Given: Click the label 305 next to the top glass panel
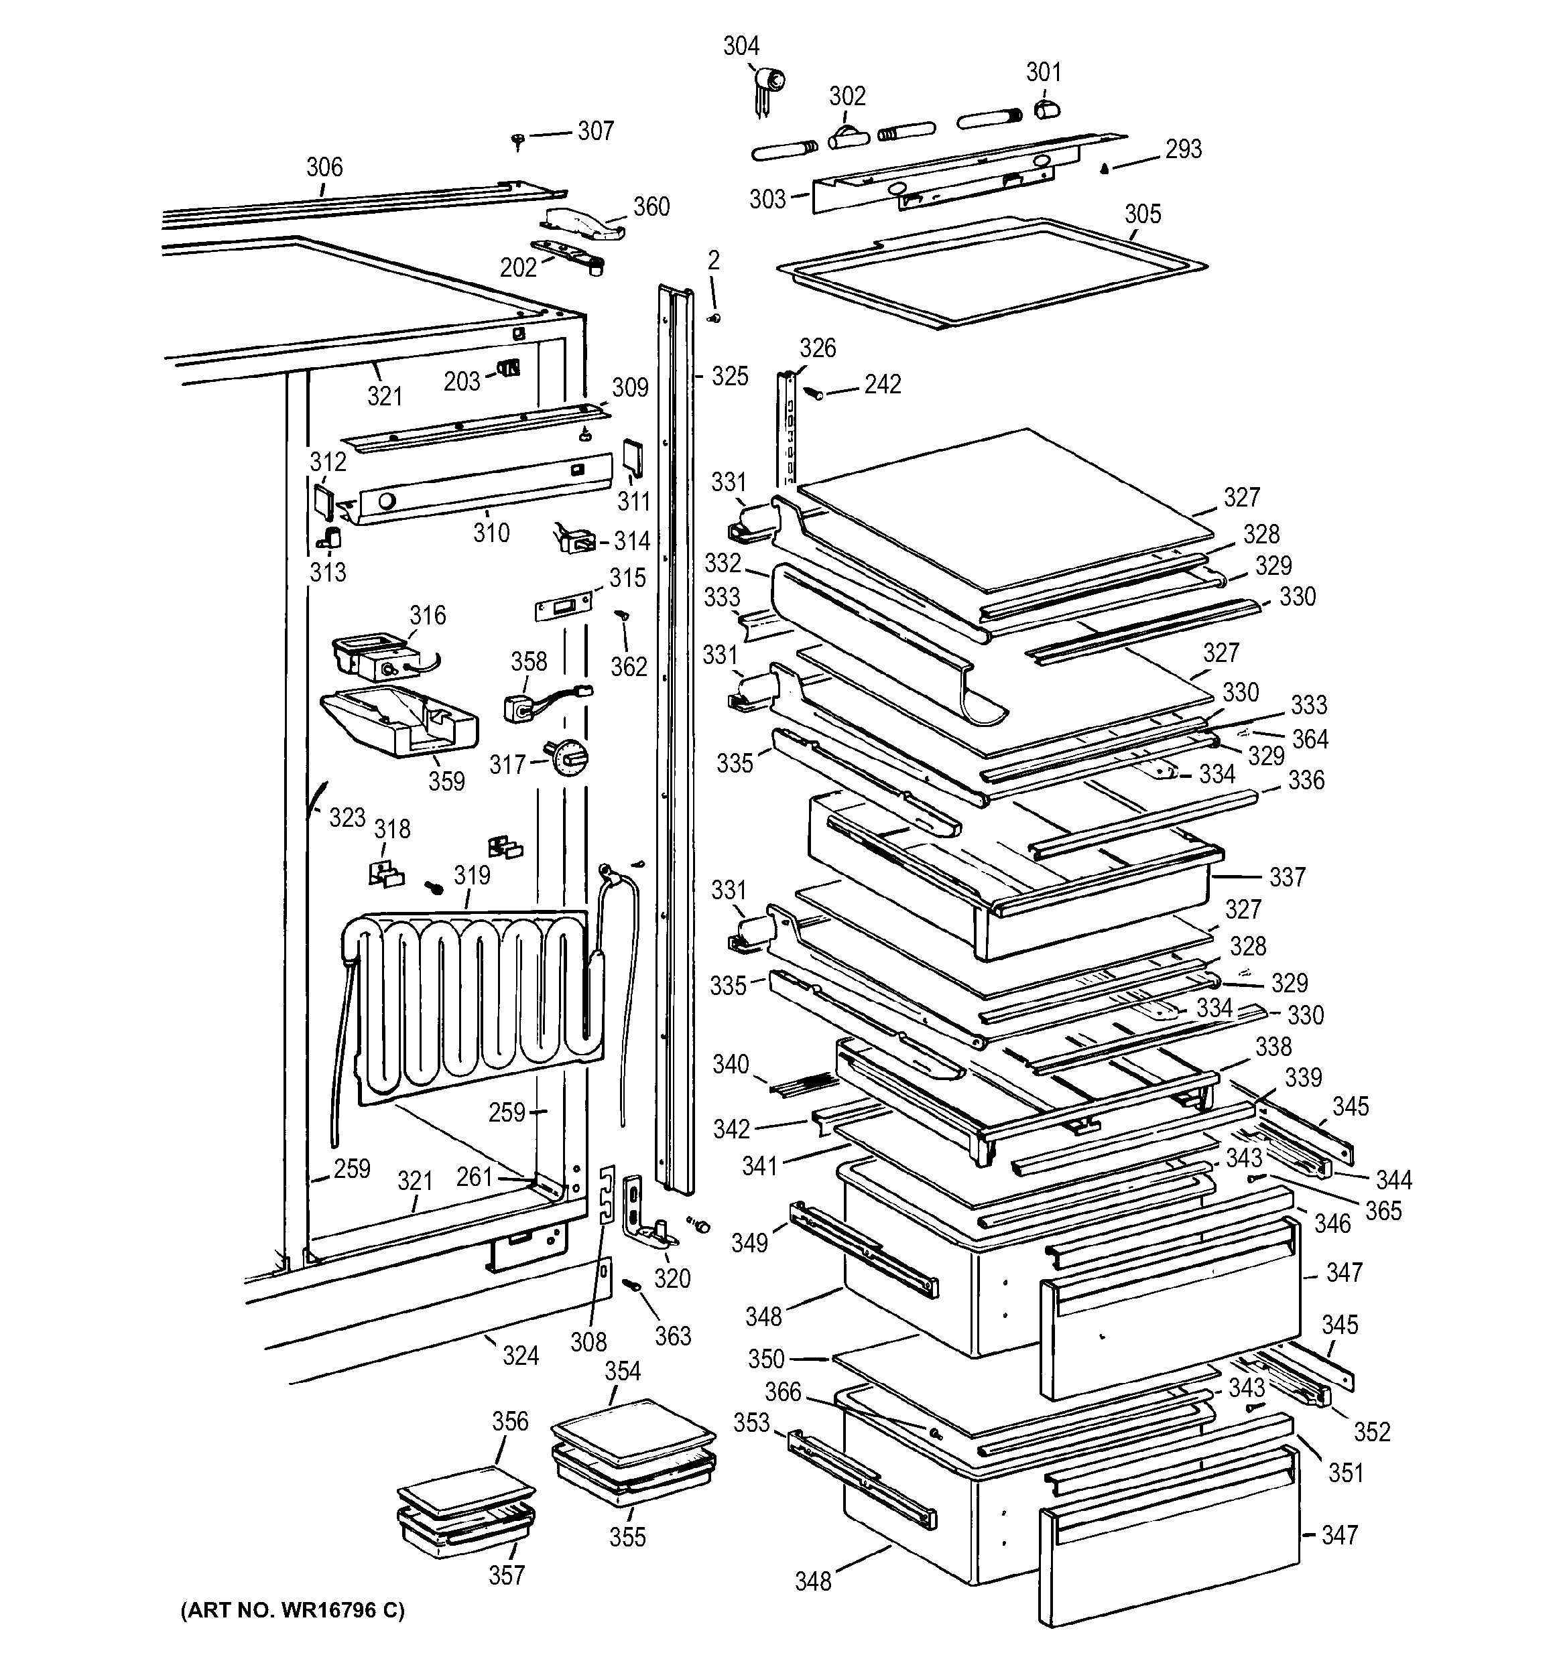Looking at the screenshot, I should (x=1141, y=214).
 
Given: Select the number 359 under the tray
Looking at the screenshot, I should (x=446, y=781).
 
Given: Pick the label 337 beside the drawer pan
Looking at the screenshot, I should (x=1286, y=877).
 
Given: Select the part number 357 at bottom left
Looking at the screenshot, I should (x=507, y=1575).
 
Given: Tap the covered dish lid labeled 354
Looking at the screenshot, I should (x=633, y=1425).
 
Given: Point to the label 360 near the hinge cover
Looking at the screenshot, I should (x=651, y=207).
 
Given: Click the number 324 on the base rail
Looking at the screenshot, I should (x=520, y=1356).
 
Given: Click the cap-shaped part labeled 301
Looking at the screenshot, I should (x=1046, y=109).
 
